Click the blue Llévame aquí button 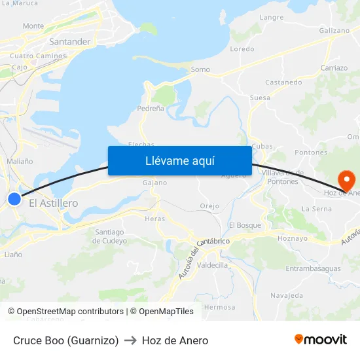179,160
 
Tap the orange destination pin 346,179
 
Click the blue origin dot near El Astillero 14,198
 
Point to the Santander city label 69,42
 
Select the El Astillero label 54,204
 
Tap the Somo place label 200,69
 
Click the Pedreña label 151,109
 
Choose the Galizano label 334,31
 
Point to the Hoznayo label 293,238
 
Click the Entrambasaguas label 313,268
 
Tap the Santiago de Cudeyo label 109,236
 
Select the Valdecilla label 212,265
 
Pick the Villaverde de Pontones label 282,177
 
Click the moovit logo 321,340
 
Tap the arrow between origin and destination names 130,340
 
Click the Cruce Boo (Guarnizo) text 66,340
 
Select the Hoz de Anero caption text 175,340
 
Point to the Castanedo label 283,82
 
